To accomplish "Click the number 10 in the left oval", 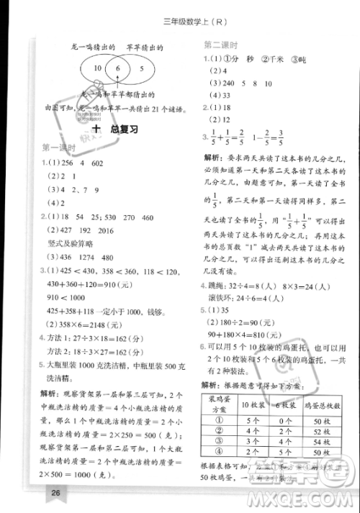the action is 96,69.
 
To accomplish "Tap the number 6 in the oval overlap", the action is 114,70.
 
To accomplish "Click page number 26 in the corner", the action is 55,493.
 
